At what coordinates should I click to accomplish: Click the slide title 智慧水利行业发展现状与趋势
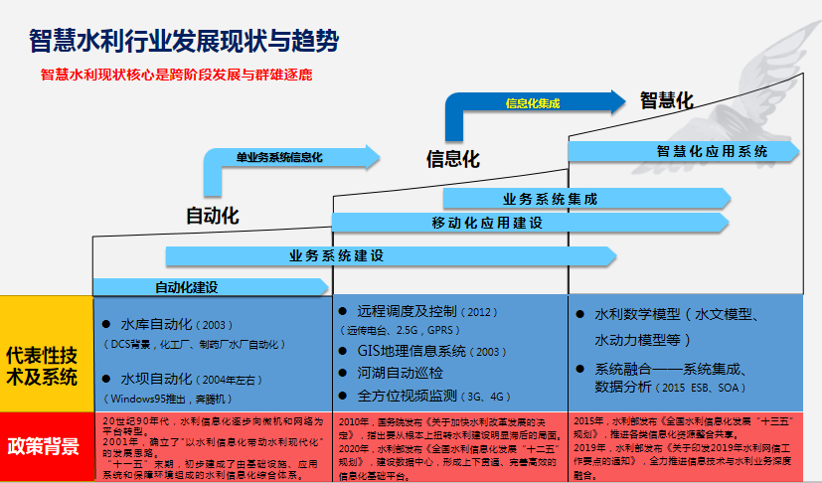coord(184,42)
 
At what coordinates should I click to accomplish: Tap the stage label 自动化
coord(213,216)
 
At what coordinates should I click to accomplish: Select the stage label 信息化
coord(452,159)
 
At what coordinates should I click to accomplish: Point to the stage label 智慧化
coord(665,100)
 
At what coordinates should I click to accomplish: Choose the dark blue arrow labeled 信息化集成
coord(532,102)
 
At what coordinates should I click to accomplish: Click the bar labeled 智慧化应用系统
coord(711,151)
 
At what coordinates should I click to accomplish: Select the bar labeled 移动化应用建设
coord(487,222)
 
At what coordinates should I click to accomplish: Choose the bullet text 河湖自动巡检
coord(400,374)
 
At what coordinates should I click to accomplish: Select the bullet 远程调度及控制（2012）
coord(428,311)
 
